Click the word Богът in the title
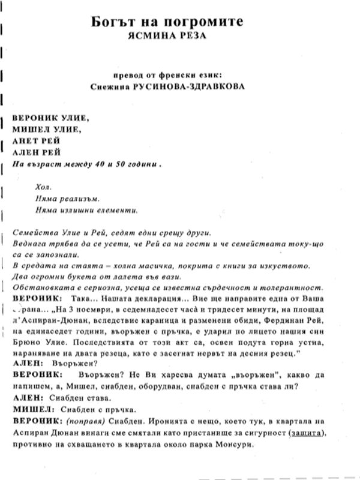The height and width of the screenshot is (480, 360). [103, 22]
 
